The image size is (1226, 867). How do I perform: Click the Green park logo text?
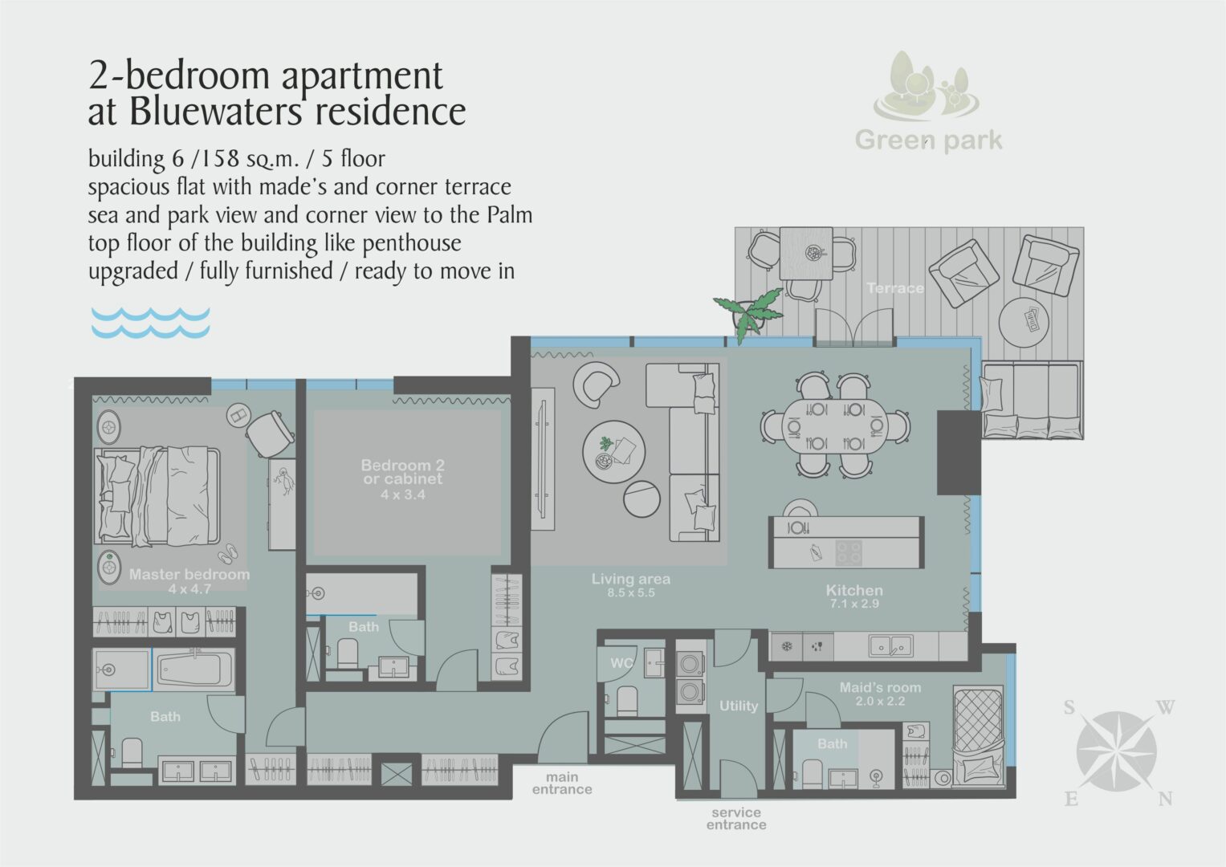point(928,140)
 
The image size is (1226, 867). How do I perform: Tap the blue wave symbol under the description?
point(150,323)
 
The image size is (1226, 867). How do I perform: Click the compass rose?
point(1117,751)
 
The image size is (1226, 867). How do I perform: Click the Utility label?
point(739,706)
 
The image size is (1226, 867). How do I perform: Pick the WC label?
point(621,663)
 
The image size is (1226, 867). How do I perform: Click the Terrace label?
point(895,288)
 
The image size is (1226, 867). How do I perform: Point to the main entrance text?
point(562,784)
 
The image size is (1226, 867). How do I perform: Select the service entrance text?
point(736,818)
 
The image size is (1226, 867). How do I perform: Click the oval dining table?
point(835,425)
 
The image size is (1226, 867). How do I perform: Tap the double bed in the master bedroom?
point(157,496)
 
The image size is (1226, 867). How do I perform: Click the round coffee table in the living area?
point(613,451)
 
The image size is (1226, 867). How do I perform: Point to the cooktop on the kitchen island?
point(849,553)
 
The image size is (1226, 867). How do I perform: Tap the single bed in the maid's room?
point(979,737)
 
